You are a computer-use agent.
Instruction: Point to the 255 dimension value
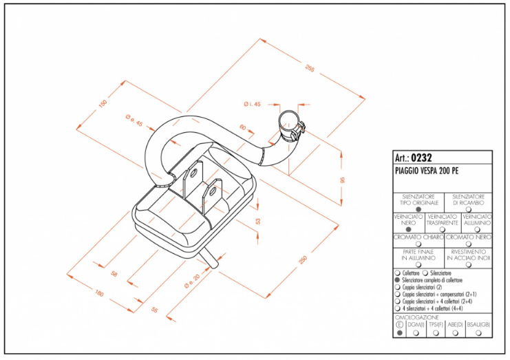pyautogui.click(x=310, y=68)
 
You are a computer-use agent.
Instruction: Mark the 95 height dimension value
pyautogui.click(x=342, y=179)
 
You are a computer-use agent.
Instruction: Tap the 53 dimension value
pyautogui.click(x=258, y=221)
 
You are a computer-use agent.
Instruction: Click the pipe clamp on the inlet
pyautogui.click(x=292, y=125)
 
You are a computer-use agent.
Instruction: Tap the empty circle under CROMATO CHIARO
pyautogui.click(x=418, y=244)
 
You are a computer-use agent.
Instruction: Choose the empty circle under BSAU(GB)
pyautogui.click(x=478, y=333)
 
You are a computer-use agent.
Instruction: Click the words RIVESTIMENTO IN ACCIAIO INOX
pyautogui.click(x=469, y=255)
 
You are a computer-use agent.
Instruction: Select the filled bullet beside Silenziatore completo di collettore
pyautogui.click(x=398, y=281)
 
